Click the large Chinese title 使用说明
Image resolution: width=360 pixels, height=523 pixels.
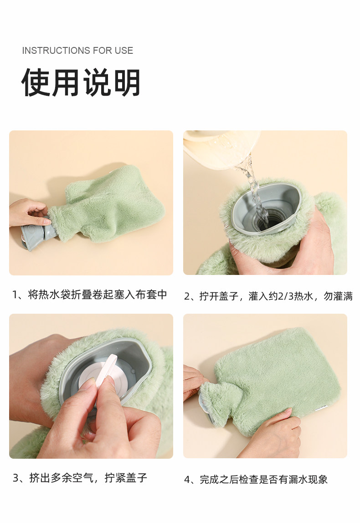pyautogui.click(x=81, y=83)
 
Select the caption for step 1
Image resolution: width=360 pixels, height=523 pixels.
pyautogui.click(x=89, y=295)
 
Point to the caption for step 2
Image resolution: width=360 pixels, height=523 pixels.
pyautogui.click(x=268, y=296)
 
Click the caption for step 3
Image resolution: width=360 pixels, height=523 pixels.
pyautogui.click(x=80, y=478)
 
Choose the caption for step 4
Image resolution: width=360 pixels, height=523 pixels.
pyautogui.click(x=256, y=479)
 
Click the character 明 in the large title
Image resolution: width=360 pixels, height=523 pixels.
pyautogui.click(x=127, y=83)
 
